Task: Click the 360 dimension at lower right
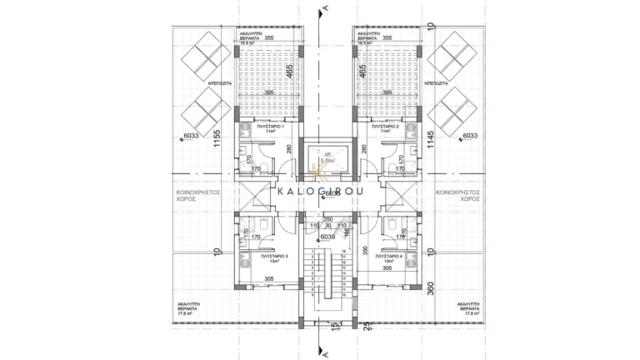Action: click(x=430, y=289)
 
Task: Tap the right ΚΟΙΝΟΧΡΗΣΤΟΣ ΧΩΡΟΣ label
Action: click(x=453, y=195)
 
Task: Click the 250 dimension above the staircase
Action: click(x=328, y=218)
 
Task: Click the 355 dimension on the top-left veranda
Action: click(x=269, y=38)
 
